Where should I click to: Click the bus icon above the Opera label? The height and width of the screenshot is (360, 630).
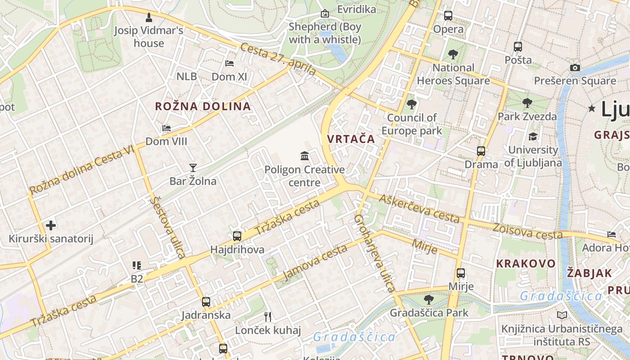(x=448, y=16)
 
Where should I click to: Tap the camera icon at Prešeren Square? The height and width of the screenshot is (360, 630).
(x=575, y=67)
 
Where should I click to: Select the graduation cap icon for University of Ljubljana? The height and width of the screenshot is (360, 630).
(x=533, y=136)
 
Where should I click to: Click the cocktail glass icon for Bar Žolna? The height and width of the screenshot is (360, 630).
(x=193, y=168)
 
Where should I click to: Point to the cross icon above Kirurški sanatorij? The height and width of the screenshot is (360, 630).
(x=51, y=225)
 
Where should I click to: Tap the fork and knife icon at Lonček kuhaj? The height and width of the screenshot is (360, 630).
(x=268, y=317)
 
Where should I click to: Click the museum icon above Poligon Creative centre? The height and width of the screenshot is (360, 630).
(x=305, y=156)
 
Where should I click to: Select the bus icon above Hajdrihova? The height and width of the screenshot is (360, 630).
(x=237, y=236)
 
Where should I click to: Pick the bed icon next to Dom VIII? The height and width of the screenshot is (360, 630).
(x=166, y=128)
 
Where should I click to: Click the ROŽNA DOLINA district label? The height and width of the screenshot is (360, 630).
(x=203, y=107)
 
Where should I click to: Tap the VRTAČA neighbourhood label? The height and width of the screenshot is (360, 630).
(x=351, y=139)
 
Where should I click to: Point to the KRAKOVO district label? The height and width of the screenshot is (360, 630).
(x=526, y=264)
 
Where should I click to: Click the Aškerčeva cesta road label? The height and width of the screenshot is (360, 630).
(x=419, y=208)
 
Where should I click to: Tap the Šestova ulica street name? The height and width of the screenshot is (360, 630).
(x=168, y=227)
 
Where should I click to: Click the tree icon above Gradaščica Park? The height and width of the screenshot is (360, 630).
(x=429, y=299)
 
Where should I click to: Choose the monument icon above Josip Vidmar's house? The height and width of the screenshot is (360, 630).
(x=149, y=18)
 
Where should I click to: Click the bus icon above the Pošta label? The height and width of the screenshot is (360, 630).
(x=518, y=46)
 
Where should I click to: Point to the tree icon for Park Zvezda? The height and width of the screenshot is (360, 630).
(x=527, y=103)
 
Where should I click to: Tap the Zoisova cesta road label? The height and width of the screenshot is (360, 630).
(x=527, y=231)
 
